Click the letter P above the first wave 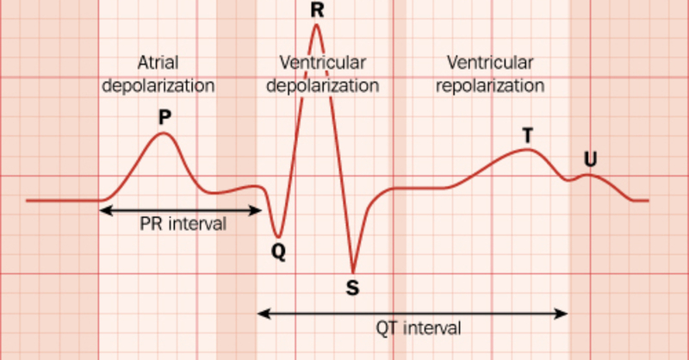(x=164, y=115)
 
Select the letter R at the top (x=317, y=9)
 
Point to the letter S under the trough (x=352, y=288)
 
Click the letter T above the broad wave (x=527, y=135)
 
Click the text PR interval (x=183, y=224)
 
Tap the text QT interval (x=419, y=327)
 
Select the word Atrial (x=158, y=63)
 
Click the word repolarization (x=490, y=86)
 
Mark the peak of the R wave (x=317, y=25)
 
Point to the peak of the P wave (x=164, y=133)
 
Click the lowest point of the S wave (x=352, y=271)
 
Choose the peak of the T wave (x=527, y=150)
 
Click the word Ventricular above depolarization (x=322, y=63)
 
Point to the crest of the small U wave (x=588, y=175)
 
